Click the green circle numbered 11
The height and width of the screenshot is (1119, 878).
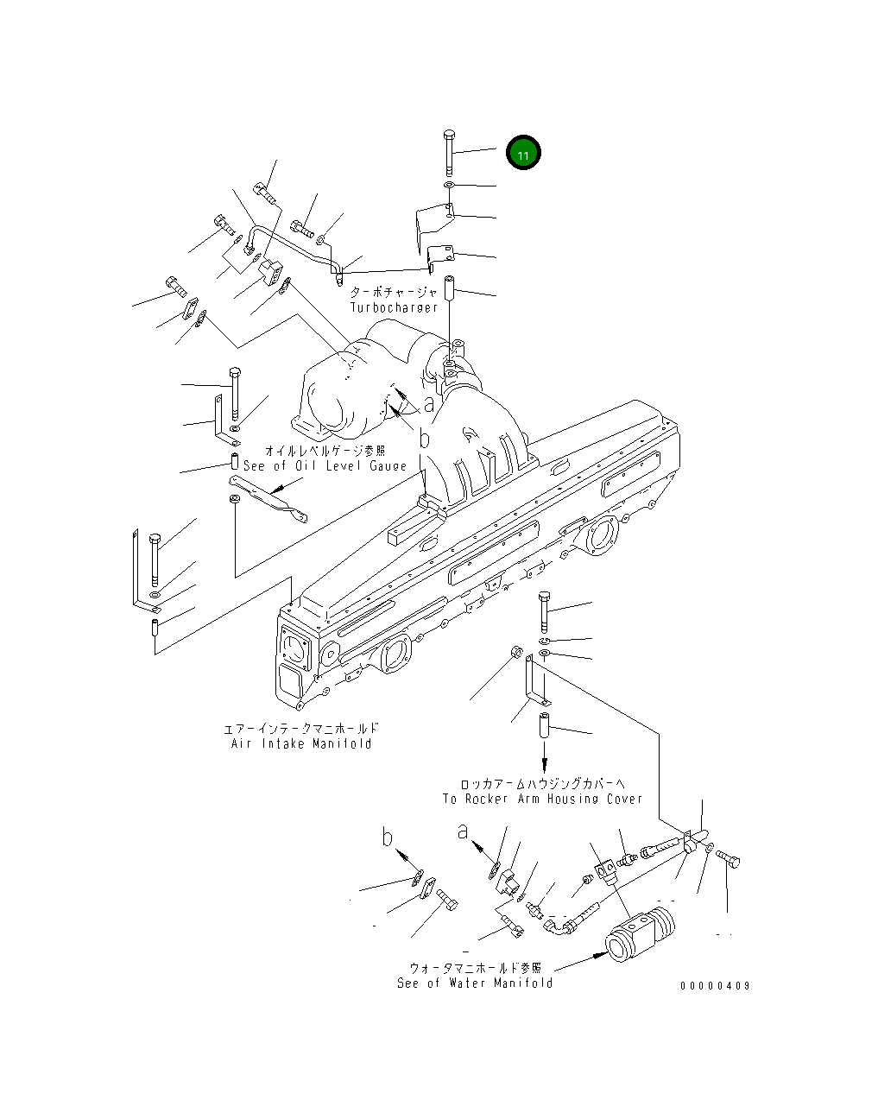(x=523, y=154)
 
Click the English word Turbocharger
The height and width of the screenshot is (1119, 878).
(x=394, y=307)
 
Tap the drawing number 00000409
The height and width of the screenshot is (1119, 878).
(x=715, y=986)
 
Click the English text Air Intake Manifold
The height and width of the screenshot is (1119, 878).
(x=301, y=743)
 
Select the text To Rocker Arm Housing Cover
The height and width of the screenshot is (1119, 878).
(x=542, y=799)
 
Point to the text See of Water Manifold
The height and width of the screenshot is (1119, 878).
(x=475, y=983)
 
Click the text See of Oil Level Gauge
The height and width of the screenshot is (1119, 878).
(x=325, y=465)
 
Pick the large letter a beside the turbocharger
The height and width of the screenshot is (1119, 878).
(x=429, y=403)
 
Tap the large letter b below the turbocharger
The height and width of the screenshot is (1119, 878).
(x=424, y=439)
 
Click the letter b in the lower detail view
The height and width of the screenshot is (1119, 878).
(x=388, y=837)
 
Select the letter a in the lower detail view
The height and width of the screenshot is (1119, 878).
(x=464, y=831)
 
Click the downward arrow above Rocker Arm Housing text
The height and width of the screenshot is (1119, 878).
(x=545, y=763)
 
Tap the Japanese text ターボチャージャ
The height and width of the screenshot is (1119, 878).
(x=394, y=293)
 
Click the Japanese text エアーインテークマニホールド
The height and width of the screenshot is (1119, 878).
(x=301, y=729)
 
